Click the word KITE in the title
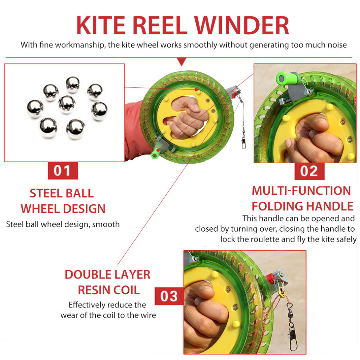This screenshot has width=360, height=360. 101,25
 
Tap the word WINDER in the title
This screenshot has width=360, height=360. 241,25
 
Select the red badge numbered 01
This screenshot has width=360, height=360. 63,171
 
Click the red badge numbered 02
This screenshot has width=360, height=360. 309,171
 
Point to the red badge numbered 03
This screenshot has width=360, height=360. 169,296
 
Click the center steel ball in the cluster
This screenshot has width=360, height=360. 67,104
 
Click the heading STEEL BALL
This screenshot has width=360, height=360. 62,193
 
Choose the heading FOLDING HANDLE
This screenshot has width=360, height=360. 303,206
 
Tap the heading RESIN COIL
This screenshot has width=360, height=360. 109,290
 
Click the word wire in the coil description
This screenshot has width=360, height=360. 149,315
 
